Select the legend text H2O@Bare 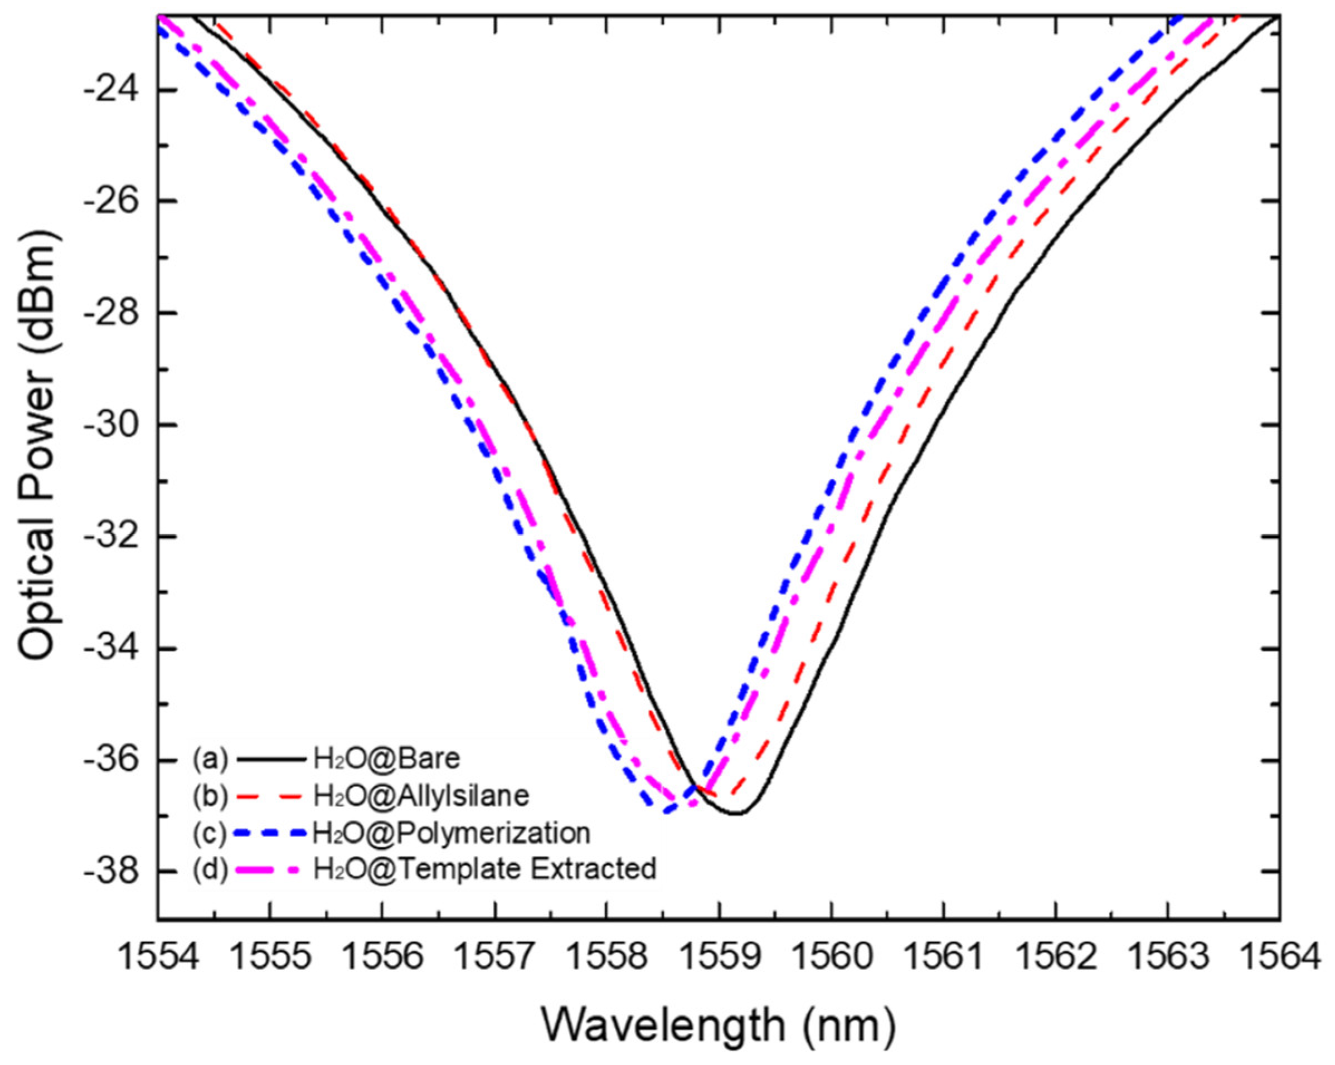[x=387, y=759]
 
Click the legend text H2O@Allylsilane [x=421, y=796]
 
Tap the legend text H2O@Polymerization [x=452, y=833]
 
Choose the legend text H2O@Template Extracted [x=484, y=869]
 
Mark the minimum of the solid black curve [x=737, y=813]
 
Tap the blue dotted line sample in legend [x=273, y=833]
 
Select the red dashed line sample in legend [x=273, y=796]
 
